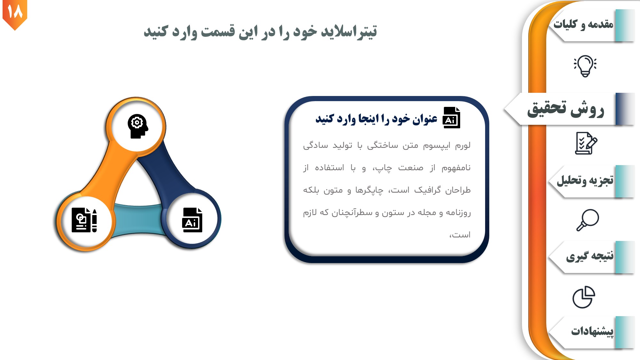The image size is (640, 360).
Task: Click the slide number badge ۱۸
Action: [15, 13]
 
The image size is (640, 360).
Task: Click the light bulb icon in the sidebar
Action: [585, 66]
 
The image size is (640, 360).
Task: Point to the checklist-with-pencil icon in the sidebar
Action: [586, 143]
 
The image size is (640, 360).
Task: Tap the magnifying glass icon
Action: [588, 220]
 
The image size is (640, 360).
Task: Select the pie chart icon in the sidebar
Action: [584, 297]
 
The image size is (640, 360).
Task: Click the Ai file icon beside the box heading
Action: [451, 117]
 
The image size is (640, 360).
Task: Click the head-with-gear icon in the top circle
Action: [138, 126]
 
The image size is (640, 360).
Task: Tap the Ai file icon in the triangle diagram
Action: [192, 220]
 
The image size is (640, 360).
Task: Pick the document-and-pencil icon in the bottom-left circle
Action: [84, 220]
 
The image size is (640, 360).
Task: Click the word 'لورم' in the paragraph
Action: [463, 146]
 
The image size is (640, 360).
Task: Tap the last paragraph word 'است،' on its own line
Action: [460, 235]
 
